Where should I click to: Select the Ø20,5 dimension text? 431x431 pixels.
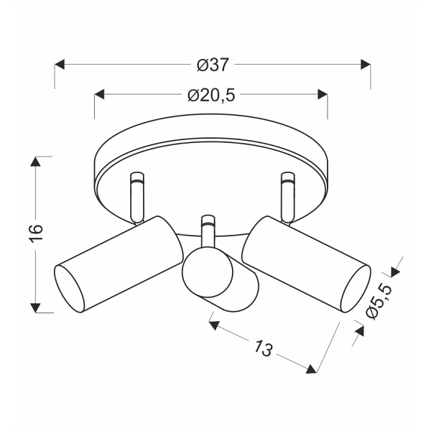point(212,95)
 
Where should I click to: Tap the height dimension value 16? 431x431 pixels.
point(37,233)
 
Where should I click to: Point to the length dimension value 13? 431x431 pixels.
point(264,348)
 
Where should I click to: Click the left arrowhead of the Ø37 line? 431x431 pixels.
point(60,65)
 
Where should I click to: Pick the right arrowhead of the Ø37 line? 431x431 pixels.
point(365,65)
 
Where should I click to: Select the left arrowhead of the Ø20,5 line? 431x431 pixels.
point(100,95)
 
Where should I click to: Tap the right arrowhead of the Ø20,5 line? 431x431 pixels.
point(323,95)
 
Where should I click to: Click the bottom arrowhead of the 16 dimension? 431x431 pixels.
point(35,307)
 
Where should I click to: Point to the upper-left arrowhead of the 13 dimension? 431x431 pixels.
point(213,325)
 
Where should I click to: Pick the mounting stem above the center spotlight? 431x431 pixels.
point(208,230)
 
